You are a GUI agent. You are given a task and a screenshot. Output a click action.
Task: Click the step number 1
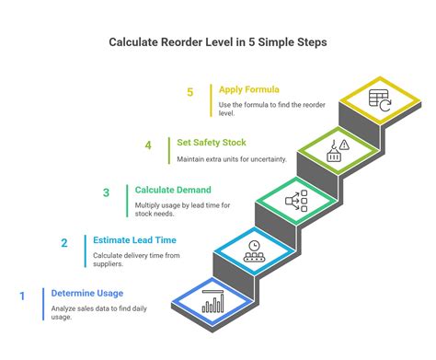(x=21, y=296)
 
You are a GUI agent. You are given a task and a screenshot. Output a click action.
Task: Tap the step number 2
(x=64, y=244)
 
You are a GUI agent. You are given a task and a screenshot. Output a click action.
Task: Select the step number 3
(x=106, y=192)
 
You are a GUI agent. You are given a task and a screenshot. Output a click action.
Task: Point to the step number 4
(x=147, y=145)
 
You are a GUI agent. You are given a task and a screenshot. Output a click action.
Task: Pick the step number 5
(x=189, y=92)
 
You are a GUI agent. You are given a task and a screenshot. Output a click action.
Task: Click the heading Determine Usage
(x=86, y=295)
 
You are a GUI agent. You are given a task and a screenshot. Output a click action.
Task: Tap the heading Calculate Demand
(x=172, y=191)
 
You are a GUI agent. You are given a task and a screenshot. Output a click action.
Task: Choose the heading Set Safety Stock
(x=212, y=143)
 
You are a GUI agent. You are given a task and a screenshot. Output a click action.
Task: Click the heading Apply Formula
(x=250, y=90)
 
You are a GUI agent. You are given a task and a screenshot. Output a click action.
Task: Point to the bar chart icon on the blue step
(x=213, y=303)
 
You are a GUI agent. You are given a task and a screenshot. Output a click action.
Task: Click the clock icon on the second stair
(x=254, y=249)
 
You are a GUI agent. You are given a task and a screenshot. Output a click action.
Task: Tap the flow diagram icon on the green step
(x=296, y=198)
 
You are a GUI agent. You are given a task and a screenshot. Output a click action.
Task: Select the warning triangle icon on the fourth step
(x=342, y=144)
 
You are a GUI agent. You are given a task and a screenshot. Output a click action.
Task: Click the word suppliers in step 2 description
(x=108, y=263)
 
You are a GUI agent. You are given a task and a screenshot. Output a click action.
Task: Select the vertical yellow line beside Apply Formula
(x=211, y=101)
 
